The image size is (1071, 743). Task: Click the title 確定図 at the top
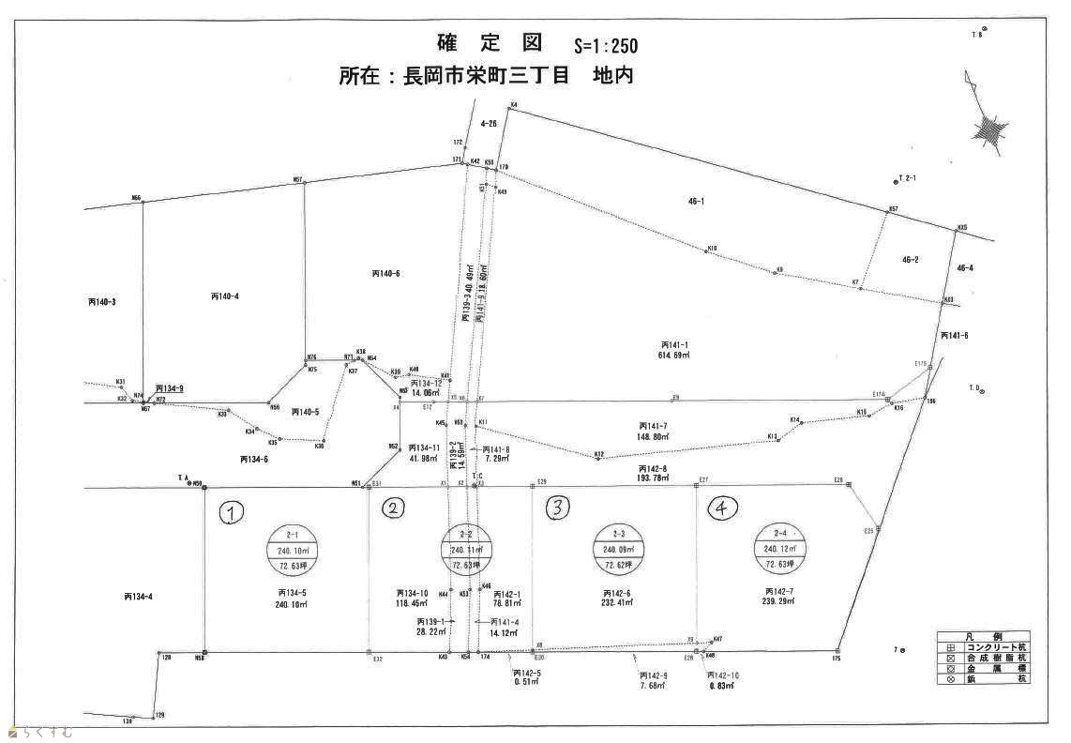tap(490, 42)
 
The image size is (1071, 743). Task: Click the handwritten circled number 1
tap(232, 512)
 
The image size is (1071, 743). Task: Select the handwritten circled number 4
tap(722, 508)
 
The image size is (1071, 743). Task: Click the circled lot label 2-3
tap(616, 534)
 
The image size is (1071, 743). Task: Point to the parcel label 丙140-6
tap(385, 273)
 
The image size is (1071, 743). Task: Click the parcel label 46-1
tap(696, 201)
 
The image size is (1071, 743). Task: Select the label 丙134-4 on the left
tap(137, 596)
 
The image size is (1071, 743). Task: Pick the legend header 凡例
tap(982, 636)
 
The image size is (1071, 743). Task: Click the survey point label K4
tap(514, 104)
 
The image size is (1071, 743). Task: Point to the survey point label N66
tap(136, 198)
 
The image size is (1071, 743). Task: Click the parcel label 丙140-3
tap(101, 302)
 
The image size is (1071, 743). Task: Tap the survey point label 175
tap(835, 659)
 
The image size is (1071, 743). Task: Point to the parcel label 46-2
tap(910, 259)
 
